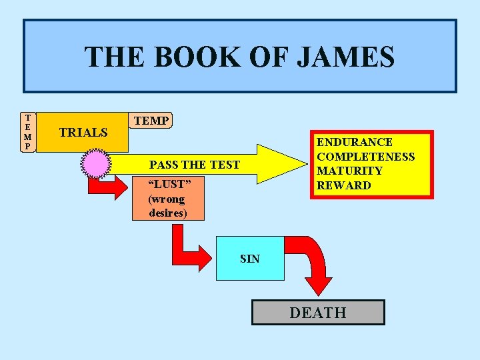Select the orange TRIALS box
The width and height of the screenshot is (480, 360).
coord(83,132)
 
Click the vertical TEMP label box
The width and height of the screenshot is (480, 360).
coord(27,131)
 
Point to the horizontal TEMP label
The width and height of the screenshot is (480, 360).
coord(151,121)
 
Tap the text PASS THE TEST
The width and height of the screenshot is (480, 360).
coord(195,165)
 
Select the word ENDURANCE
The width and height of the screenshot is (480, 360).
coord(354,142)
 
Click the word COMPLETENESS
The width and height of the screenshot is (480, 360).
coord(365,157)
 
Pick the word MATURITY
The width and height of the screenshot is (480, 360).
coord(349,171)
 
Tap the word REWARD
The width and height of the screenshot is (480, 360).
coord(343,185)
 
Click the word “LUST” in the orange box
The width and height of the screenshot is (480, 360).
coord(169,183)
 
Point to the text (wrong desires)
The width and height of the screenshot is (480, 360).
coord(167,206)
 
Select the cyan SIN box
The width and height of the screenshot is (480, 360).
coord(250,258)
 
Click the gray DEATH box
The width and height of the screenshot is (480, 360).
coord(318,312)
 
